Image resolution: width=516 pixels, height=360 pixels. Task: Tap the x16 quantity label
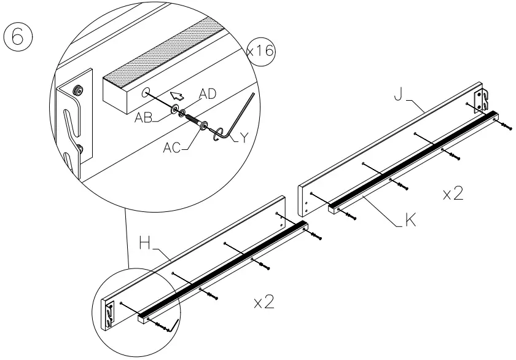261,51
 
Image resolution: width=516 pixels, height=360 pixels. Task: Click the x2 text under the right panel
453,194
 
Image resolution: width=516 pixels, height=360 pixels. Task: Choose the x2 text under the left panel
264,302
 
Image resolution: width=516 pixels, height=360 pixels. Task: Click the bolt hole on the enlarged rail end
146,93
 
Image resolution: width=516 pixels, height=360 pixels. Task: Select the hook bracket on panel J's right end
482,100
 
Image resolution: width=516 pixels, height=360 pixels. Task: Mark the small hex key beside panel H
174,324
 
